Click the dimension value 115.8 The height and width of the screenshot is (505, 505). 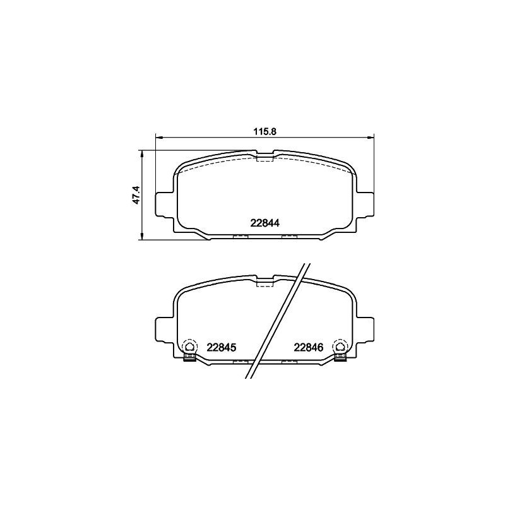coord(265,131)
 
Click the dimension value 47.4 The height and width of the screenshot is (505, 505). coord(135,196)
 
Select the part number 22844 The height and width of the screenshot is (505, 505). coord(265,222)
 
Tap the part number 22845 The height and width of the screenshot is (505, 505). coord(221,347)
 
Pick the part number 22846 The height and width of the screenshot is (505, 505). coord(309,347)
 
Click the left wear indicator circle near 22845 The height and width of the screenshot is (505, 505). coord(189,346)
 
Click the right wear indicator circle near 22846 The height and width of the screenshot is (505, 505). coord(340,346)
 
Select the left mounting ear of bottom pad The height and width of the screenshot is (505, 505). coord(164,328)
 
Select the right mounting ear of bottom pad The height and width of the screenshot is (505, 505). coord(365,328)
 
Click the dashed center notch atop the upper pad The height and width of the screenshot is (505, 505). coord(265,156)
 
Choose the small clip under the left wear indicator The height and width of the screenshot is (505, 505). coord(188,358)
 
